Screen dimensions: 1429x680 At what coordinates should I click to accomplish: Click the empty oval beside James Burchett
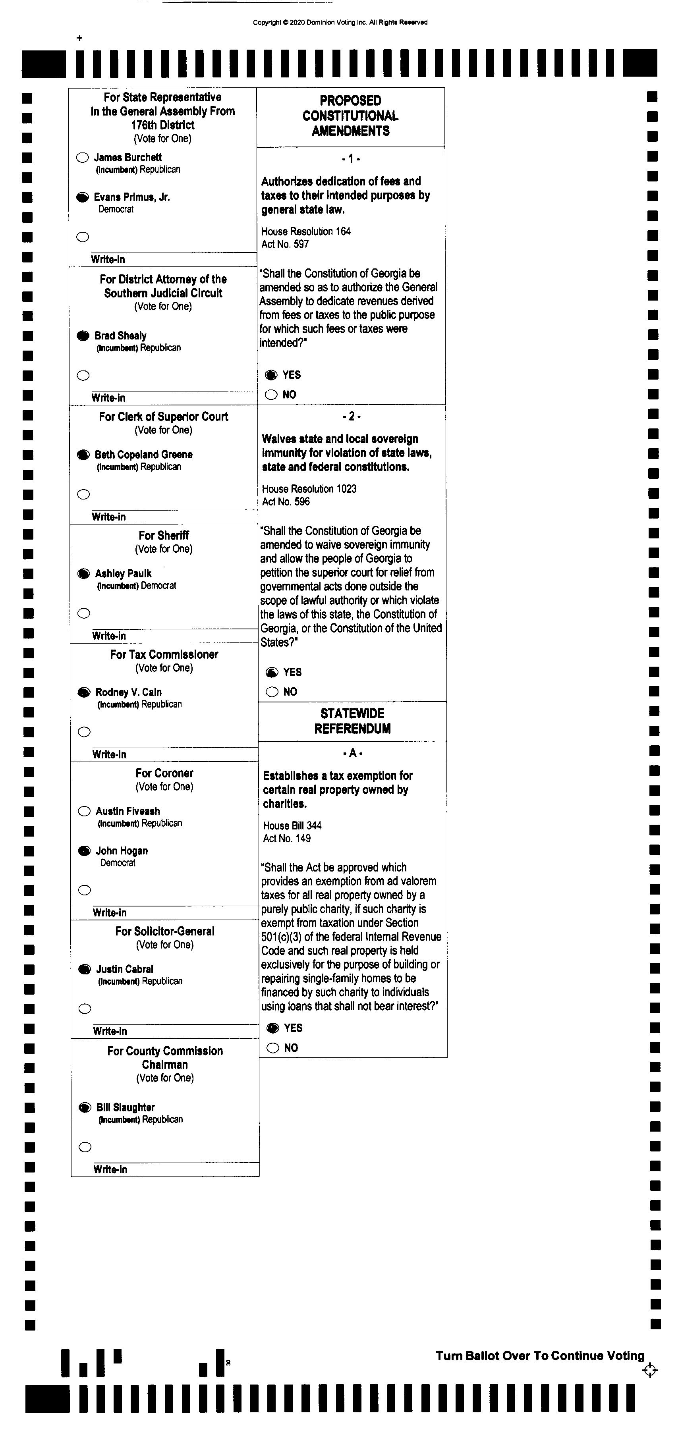(x=82, y=158)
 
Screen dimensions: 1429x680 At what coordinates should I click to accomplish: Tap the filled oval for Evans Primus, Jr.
(x=82, y=197)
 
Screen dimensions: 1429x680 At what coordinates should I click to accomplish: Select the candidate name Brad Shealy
(x=120, y=336)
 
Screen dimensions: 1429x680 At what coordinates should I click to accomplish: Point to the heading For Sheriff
(x=164, y=535)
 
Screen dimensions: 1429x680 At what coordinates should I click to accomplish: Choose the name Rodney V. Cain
(x=128, y=692)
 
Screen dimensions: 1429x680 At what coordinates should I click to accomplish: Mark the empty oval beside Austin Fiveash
(x=84, y=812)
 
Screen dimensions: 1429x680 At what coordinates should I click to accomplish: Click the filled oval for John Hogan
(x=84, y=851)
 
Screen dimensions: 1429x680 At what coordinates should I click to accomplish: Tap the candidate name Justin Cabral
(x=124, y=970)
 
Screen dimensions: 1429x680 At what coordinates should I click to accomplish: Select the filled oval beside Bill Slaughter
(x=85, y=1108)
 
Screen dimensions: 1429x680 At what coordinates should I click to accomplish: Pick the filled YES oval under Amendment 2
(x=272, y=672)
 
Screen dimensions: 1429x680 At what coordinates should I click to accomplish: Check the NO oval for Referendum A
(x=272, y=1048)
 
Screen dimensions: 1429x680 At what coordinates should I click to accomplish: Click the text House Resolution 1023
(x=309, y=489)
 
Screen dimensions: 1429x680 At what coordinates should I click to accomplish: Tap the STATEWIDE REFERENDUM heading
(x=352, y=721)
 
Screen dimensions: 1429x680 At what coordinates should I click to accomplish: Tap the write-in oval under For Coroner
(x=84, y=890)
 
